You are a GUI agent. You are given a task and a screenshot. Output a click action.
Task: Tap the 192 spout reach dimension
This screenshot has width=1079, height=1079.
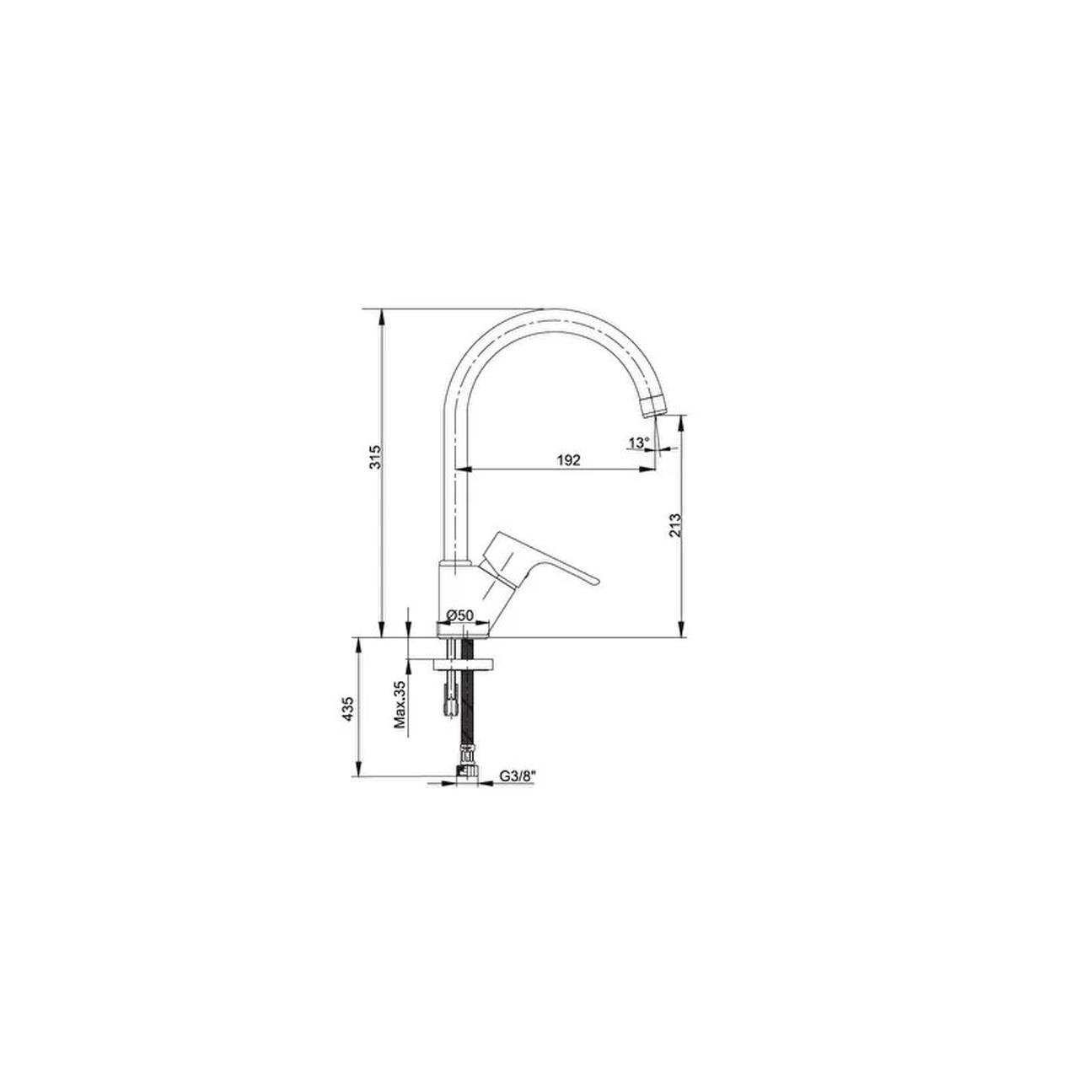(569, 459)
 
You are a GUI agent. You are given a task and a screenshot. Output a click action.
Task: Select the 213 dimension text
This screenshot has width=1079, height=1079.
(674, 527)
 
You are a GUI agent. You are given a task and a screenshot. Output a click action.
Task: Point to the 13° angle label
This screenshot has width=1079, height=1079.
(638, 443)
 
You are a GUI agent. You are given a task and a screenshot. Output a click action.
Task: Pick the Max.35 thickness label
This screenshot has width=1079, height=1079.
(402, 704)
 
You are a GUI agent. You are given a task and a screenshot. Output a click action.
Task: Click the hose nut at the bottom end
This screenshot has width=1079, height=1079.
(464, 770)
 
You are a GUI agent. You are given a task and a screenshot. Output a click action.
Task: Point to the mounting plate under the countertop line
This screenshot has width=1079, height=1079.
(463, 663)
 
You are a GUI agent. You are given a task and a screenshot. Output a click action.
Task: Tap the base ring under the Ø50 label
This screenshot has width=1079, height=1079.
(463, 627)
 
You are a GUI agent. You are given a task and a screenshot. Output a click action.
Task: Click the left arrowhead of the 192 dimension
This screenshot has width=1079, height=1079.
(459, 469)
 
